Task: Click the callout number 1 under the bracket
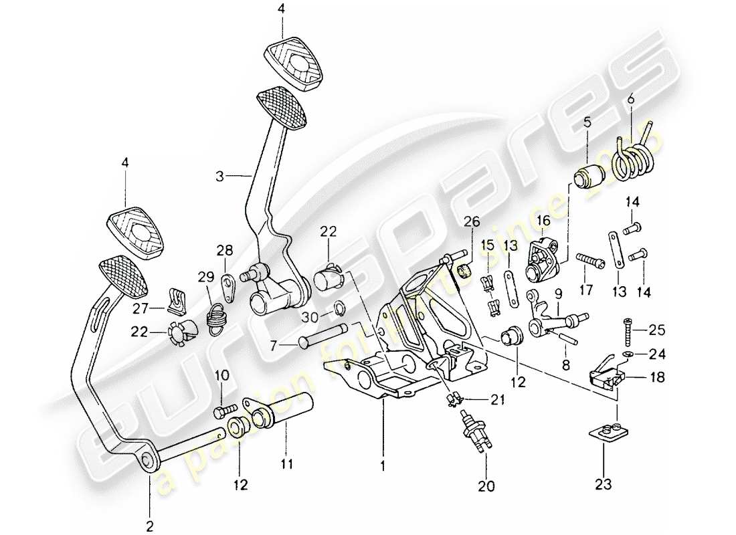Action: (383, 463)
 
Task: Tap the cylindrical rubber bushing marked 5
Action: (589, 177)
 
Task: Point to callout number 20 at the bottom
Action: (486, 487)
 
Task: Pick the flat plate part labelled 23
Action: (608, 436)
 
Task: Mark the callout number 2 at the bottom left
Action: (149, 526)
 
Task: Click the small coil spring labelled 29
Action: (216, 315)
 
